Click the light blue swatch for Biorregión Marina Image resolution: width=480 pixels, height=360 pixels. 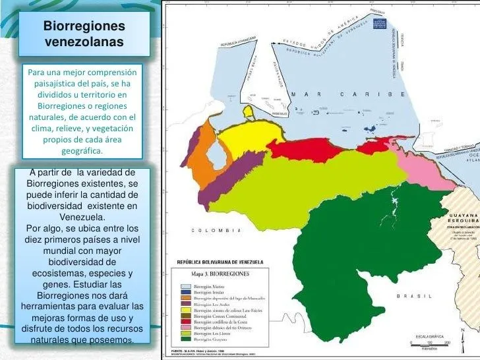(187, 286)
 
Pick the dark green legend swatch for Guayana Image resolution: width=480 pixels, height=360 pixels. (187, 338)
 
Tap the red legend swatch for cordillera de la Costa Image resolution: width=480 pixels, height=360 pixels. (187, 320)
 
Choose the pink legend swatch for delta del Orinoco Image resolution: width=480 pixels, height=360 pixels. (187, 326)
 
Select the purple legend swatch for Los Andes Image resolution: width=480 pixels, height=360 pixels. (187, 303)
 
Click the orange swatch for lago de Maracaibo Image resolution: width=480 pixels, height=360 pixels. (187, 297)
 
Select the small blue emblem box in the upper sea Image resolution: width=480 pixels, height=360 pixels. (380, 23)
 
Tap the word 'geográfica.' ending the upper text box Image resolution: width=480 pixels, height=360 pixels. (82, 151)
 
